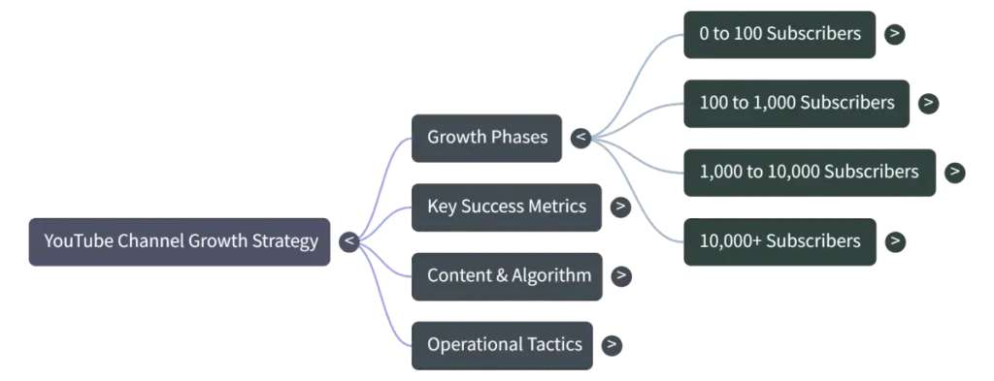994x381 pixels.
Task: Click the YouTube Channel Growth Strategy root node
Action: pyautogui.click(x=180, y=241)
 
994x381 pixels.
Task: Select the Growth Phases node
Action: pyautogui.click(x=487, y=138)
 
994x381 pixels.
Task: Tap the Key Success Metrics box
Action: pyautogui.click(x=507, y=206)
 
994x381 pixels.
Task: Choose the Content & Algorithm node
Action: pyautogui.click(x=507, y=276)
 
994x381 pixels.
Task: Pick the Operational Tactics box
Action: pyautogui.click(x=502, y=345)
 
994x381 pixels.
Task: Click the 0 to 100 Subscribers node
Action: pyautogui.click(x=779, y=34)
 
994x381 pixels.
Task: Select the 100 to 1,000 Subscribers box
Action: pyautogui.click(x=796, y=103)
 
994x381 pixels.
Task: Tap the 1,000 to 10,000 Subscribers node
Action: pyautogui.click(x=810, y=173)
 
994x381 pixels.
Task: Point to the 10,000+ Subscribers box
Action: pyautogui.click(x=779, y=241)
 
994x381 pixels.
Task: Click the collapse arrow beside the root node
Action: pyautogui.click(x=349, y=241)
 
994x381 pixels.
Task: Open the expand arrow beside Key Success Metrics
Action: pyautogui.click(x=620, y=206)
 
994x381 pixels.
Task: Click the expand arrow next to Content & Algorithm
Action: pyautogui.click(x=621, y=276)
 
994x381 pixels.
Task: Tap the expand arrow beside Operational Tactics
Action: pyautogui.click(x=612, y=345)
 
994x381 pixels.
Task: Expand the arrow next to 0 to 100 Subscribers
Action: pyautogui.click(x=894, y=34)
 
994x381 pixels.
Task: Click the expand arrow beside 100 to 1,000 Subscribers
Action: pyautogui.click(x=928, y=103)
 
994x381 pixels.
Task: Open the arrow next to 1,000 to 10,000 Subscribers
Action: pyautogui.click(x=955, y=173)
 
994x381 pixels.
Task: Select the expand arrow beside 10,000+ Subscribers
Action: pyautogui.click(x=895, y=241)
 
